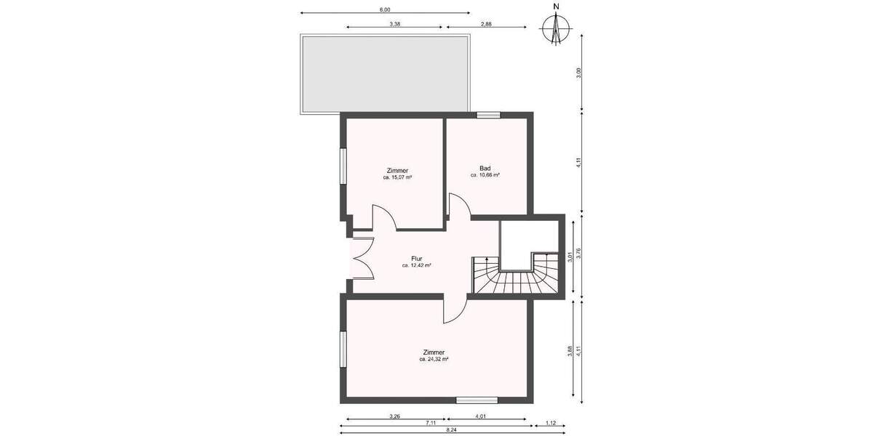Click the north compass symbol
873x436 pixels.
pyautogui.click(x=556, y=28)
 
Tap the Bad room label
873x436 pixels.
pyautogui.click(x=485, y=168)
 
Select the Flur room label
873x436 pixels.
pyautogui.click(x=417, y=258)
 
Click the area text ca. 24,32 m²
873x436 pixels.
pyautogui.click(x=434, y=359)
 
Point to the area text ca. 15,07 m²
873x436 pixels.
pyautogui.click(x=398, y=177)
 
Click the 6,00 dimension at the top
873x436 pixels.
pyautogui.click(x=385, y=9)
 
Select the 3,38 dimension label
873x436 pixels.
pyautogui.click(x=395, y=24)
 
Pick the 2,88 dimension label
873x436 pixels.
pyautogui.click(x=486, y=24)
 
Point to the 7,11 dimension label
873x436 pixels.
pyautogui.click(x=431, y=423)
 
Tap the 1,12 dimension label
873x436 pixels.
pyautogui.click(x=550, y=423)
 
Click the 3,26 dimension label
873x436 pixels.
pyautogui.click(x=394, y=416)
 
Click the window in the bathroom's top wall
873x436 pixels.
pyautogui.click(x=488, y=114)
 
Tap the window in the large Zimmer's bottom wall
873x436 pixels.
pyautogui.click(x=477, y=400)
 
